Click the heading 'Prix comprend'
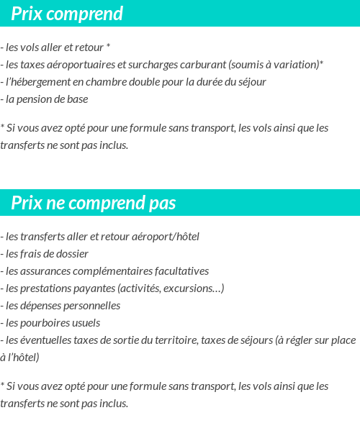click(x=67, y=14)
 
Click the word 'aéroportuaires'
click(x=82, y=65)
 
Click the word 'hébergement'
click(x=45, y=82)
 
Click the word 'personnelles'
click(x=91, y=306)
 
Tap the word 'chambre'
click(x=109, y=82)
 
